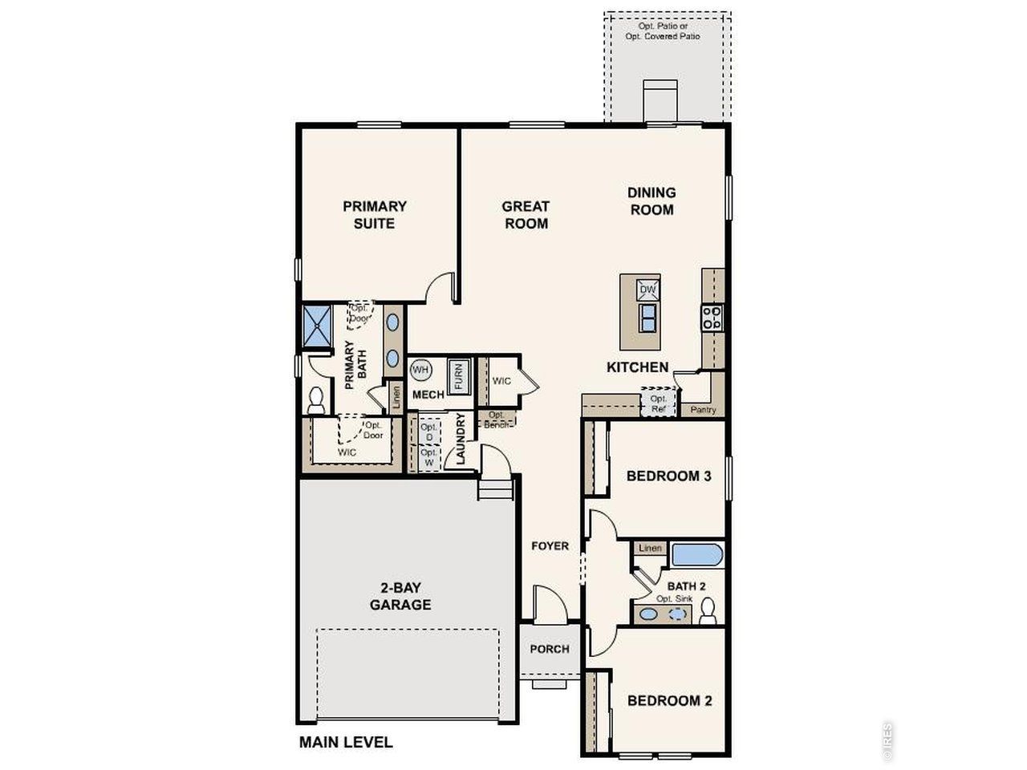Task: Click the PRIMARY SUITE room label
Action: [x=375, y=215]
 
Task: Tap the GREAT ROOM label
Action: [x=526, y=215]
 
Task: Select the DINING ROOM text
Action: [x=652, y=201]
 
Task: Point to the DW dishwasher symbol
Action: [x=647, y=290]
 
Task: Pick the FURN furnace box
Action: [x=458, y=376]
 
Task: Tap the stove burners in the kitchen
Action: [x=712, y=318]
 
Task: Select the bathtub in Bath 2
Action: [x=696, y=556]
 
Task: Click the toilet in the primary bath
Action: [x=317, y=399]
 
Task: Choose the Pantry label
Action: [x=703, y=410]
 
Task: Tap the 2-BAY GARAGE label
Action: [x=400, y=595]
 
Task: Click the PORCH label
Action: [x=550, y=649]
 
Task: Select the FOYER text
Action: [x=550, y=546]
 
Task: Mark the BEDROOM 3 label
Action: [x=668, y=476]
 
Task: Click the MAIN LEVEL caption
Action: [x=346, y=742]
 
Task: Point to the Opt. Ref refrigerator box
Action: [x=659, y=403]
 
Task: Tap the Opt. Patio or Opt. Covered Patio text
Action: [x=663, y=31]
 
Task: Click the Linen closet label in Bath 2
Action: [x=650, y=549]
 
